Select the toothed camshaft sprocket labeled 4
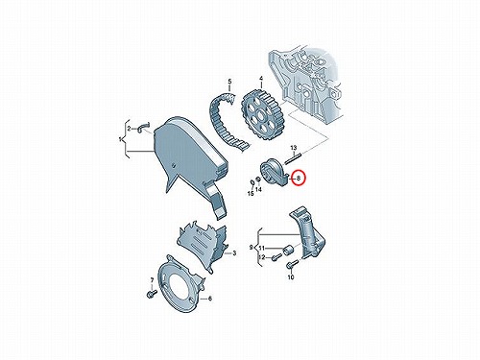click(x=263, y=114)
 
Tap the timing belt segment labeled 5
click(x=228, y=121)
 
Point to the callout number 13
click(x=294, y=148)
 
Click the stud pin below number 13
click(x=294, y=158)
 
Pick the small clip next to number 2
click(x=144, y=127)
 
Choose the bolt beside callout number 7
click(x=152, y=294)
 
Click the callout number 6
click(x=210, y=299)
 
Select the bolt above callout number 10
click(x=292, y=264)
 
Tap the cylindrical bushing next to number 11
click(x=289, y=250)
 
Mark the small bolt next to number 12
click(x=276, y=257)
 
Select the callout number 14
click(x=258, y=190)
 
